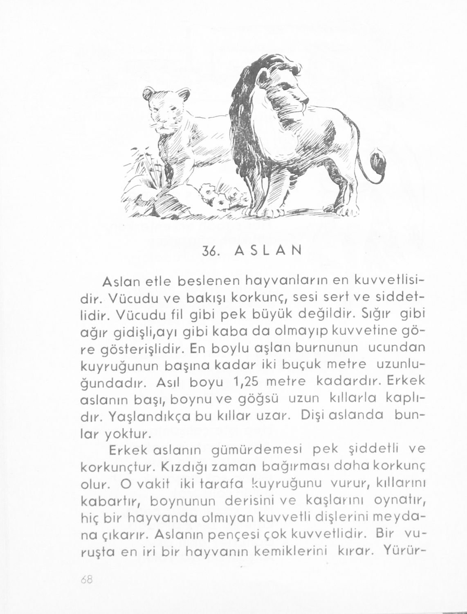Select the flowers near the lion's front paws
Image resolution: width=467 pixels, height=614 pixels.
tap(215, 196)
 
